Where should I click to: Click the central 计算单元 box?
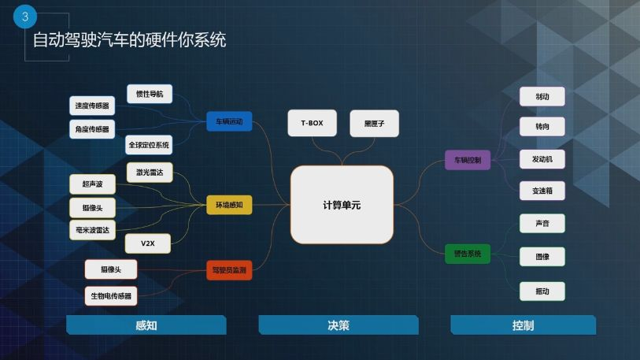pos(342,205)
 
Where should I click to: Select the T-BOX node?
pos(312,124)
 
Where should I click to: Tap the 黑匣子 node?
pos(374,124)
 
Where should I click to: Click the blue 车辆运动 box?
pos(229,121)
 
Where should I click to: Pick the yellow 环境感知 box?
pos(229,205)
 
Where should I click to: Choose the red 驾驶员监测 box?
pos(229,270)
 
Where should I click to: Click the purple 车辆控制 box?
pos(468,160)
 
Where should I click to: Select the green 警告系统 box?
pos(468,254)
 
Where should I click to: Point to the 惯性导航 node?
pos(150,94)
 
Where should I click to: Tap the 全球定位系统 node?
pos(148,145)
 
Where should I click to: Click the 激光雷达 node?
pos(149,173)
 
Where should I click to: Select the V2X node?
pos(148,243)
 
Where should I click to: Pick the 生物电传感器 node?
pos(111,296)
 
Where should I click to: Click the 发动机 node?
pos(542,159)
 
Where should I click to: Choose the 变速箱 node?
pos(542,191)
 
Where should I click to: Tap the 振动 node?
pos(542,291)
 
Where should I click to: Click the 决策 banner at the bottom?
pos(338,325)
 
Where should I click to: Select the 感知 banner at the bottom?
pos(146,325)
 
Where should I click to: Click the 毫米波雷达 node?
pos(92,230)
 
